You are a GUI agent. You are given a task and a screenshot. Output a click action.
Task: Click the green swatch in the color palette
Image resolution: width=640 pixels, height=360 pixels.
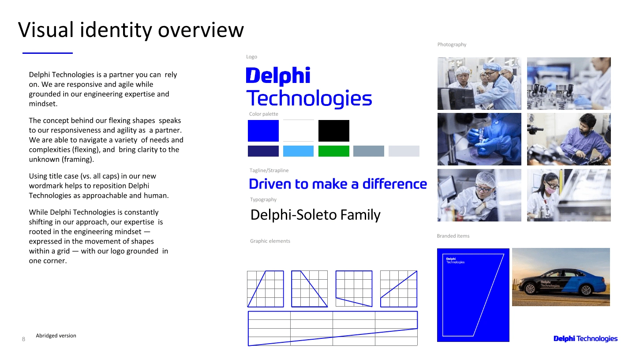(334, 151)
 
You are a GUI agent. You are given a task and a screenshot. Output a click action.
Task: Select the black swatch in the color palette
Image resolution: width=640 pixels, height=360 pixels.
(334, 131)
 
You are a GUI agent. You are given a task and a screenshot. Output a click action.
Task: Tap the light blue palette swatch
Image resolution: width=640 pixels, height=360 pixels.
(298, 151)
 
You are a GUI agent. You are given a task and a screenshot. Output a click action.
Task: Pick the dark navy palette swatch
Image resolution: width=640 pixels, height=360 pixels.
(263, 151)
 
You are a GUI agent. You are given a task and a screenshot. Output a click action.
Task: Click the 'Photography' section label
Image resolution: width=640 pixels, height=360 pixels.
(452, 45)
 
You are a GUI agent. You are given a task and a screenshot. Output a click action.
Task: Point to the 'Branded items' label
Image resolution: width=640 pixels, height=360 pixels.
(453, 236)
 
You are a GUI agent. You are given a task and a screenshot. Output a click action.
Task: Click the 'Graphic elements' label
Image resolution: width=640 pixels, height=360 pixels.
(270, 241)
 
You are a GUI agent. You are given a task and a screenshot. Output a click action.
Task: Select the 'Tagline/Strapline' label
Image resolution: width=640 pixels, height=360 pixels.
(269, 171)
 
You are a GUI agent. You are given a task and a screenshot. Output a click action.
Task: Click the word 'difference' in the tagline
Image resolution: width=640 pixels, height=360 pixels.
(395, 184)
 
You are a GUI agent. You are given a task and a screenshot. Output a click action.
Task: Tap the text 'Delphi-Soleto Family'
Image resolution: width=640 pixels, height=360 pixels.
(315, 215)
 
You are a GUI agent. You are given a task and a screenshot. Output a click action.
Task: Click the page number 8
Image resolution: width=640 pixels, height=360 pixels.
(23, 339)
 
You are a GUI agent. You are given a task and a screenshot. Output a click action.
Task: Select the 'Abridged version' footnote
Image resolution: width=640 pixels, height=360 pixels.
(56, 336)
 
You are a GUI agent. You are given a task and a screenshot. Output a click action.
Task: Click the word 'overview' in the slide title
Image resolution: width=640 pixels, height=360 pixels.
(201, 30)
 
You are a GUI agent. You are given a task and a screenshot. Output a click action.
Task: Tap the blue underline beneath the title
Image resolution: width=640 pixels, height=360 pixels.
(48, 53)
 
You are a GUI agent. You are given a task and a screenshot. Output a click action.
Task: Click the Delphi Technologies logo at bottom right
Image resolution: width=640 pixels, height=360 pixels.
(585, 339)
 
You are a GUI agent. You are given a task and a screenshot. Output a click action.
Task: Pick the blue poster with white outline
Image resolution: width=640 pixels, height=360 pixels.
(473, 295)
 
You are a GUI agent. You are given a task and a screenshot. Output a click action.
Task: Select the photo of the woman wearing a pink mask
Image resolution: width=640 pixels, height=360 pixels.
(569, 195)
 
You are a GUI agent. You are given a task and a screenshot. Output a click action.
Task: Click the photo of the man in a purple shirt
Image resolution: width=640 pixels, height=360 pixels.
(569, 139)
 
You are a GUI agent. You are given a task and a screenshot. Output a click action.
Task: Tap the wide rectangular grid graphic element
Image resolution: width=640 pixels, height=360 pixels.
(333, 329)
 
